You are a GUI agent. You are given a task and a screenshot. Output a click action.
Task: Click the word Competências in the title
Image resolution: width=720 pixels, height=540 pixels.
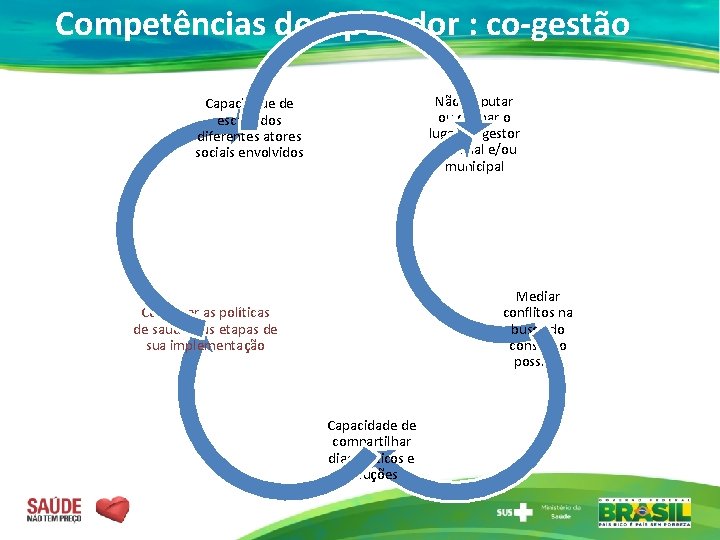coord(159,24)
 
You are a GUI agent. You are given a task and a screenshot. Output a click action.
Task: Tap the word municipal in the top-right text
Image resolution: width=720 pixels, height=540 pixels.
coord(475,167)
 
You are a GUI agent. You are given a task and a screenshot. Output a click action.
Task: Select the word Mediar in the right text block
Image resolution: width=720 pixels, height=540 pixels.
coord(538,297)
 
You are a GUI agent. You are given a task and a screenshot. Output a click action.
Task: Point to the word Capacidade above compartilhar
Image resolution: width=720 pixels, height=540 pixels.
coord(372,426)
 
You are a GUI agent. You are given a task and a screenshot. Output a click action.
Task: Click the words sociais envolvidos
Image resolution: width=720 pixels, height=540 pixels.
coord(249,153)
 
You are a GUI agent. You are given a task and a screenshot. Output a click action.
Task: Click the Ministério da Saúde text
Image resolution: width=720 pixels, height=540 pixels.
coord(560,512)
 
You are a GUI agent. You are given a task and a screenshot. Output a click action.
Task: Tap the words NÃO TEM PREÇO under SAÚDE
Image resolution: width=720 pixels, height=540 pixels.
coord(54,519)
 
